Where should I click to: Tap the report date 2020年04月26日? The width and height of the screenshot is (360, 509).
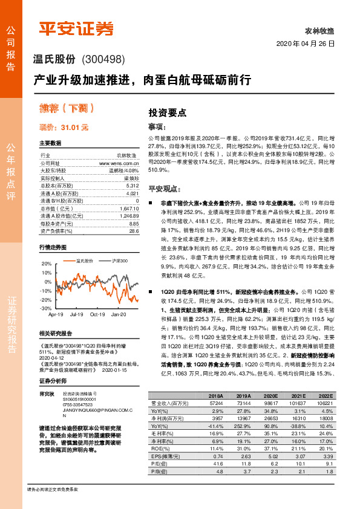[305, 45]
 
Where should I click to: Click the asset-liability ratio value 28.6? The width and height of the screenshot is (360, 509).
[134, 230]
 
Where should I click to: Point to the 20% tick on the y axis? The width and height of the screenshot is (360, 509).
[47, 264]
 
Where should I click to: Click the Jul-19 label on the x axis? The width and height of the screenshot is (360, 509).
[76, 314]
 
